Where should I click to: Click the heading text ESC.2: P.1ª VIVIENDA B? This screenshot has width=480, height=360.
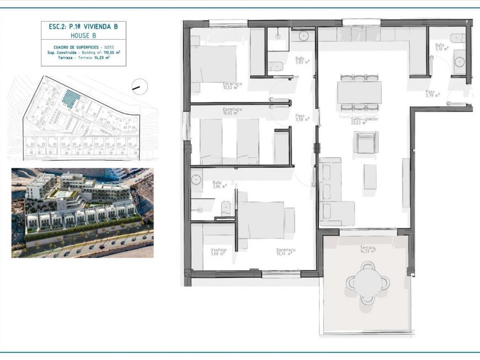(83, 26)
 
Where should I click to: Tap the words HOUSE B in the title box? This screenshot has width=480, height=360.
(83, 35)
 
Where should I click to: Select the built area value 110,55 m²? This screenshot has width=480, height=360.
(111, 52)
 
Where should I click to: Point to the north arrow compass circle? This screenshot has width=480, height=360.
(140, 86)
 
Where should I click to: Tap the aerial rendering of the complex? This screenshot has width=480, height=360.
(82, 213)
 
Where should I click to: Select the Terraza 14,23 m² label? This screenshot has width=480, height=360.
(367, 250)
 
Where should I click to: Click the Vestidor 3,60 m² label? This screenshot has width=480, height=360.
(218, 252)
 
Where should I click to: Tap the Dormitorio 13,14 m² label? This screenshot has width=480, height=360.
(286, 252)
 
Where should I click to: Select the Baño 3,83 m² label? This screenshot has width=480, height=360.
(301, 60)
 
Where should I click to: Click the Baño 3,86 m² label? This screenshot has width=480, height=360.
(216, 185)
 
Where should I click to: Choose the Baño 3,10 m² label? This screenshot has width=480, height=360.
(440, 47)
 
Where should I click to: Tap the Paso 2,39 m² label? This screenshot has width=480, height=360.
(432, 93)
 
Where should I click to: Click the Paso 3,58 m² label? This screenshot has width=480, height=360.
(301, 118)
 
